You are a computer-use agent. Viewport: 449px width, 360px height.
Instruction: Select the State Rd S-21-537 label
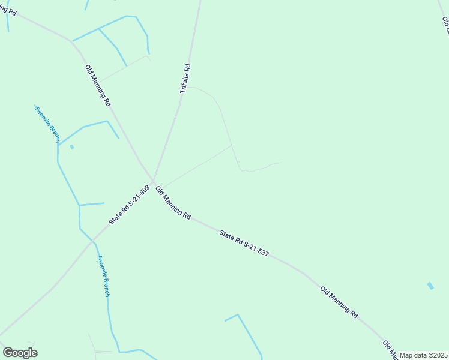[x=244, y=243]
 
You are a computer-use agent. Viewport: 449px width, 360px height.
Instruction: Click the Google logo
[x=20, y=353]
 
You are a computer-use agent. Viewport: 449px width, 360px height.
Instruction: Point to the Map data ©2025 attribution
[x=424, y=355]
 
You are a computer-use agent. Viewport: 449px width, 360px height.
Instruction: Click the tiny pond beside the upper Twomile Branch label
[x=72, y=146]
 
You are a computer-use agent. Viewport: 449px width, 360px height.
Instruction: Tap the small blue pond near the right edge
[x=430, y=286]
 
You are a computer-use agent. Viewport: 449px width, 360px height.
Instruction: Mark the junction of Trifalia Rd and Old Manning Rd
[x=154, y=181]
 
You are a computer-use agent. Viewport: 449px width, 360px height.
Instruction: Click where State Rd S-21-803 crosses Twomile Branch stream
[x=93, y=241]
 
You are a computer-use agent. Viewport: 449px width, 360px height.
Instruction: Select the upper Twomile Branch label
[x=47, y=124]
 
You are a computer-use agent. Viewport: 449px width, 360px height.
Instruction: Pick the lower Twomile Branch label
[x=104, y=275]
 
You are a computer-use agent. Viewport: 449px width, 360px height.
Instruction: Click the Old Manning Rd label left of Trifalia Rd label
[x=98, y=85]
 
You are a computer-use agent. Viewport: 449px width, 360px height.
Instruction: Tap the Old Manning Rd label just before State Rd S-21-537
[x=173, y=202]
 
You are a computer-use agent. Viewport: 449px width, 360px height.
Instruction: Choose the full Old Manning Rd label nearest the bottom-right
[x=339, y=302]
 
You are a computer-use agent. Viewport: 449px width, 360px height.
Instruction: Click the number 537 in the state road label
[x=261, y=252]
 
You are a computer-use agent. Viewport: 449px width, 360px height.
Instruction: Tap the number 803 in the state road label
[x=143, y=191]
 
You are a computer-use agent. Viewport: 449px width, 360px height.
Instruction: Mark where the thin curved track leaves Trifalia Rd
[x=190, y=86]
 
